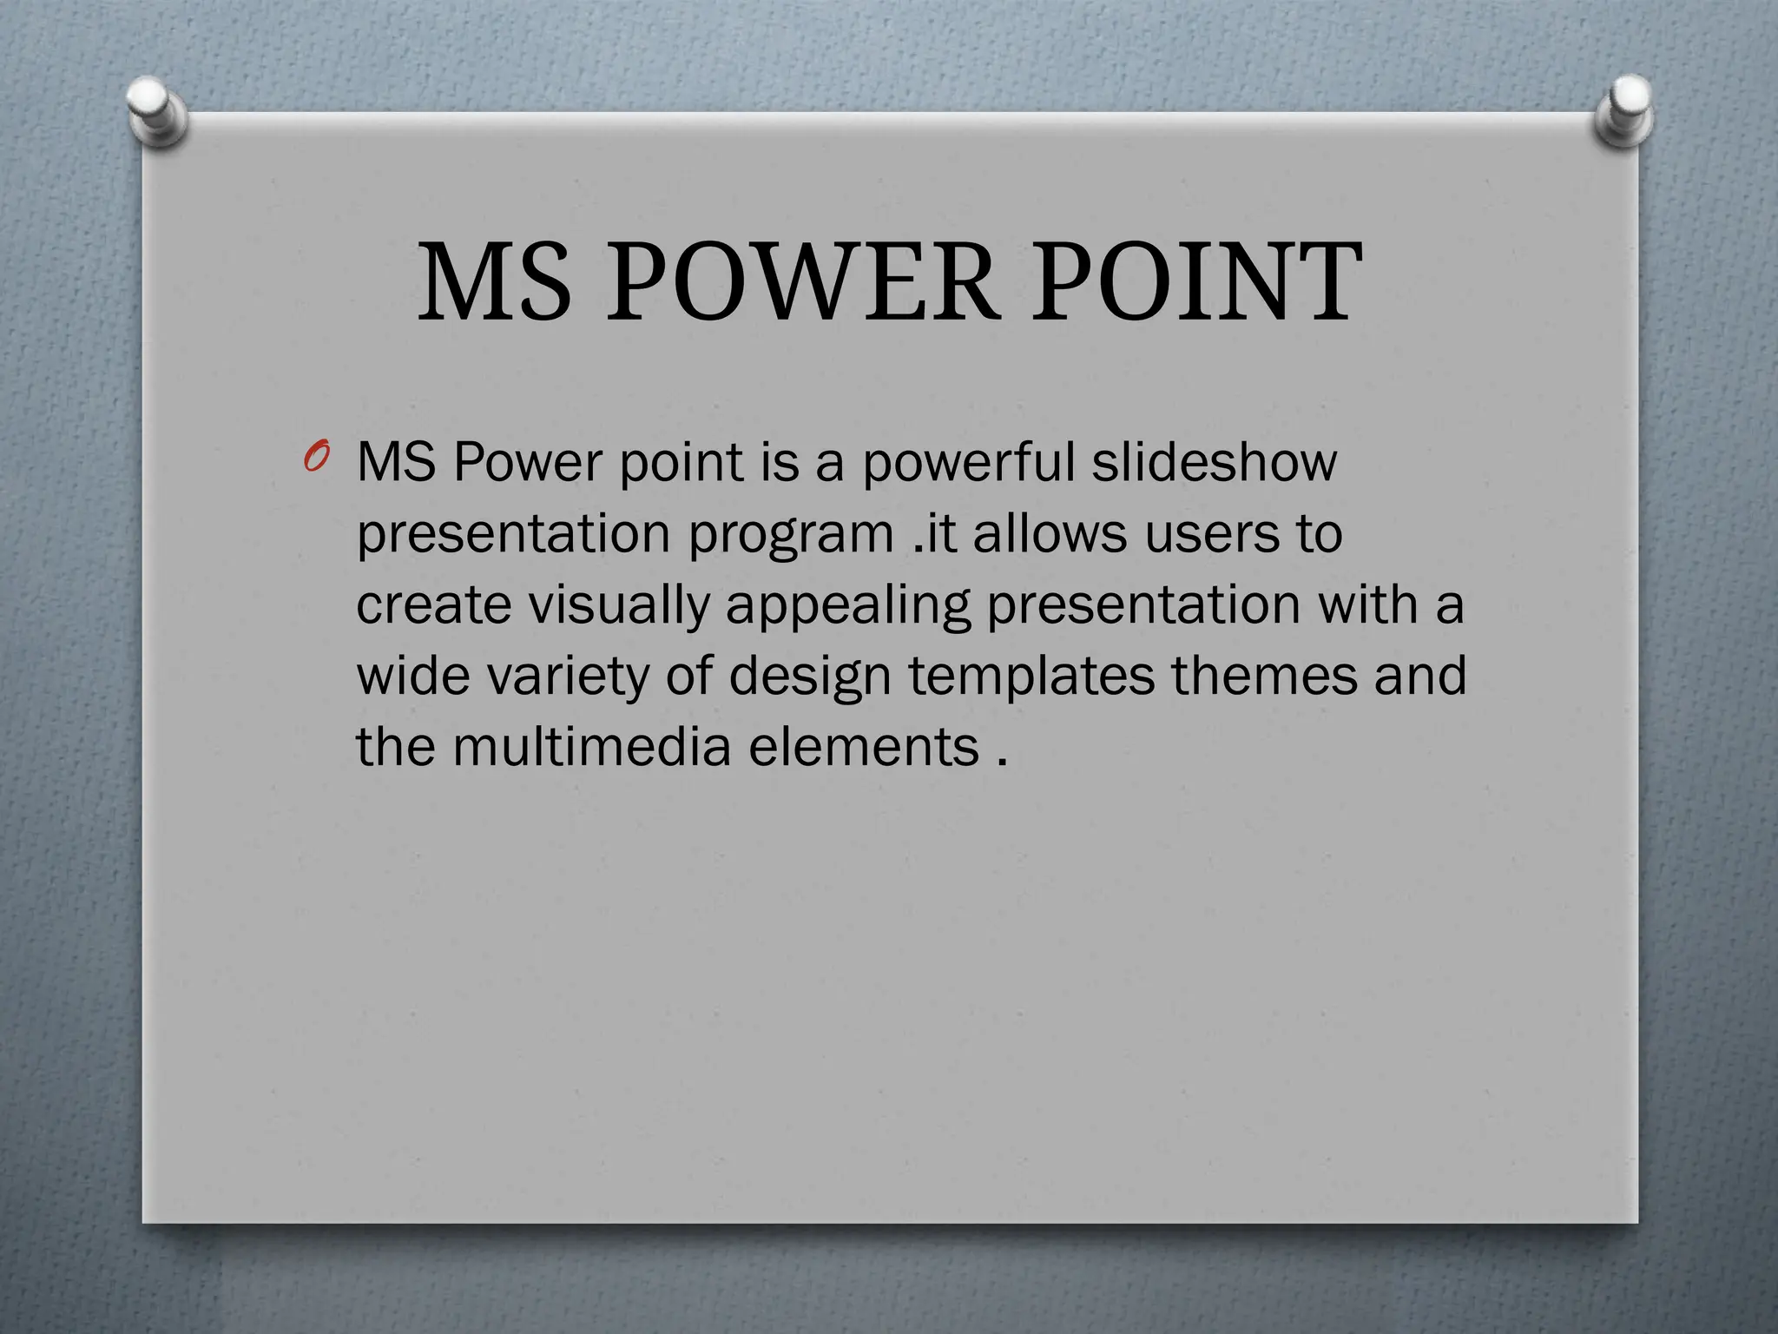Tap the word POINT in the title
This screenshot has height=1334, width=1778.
tap(1195, 281)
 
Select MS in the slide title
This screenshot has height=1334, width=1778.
tap(495, 281)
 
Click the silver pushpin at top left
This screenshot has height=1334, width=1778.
tap(156, 113)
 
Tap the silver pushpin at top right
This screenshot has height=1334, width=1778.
tap(1623, 113)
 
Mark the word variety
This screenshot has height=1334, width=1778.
tap(567, 677)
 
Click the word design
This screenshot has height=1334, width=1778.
tap(810, 677)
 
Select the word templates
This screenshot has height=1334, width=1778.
tap(1031, 677)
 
